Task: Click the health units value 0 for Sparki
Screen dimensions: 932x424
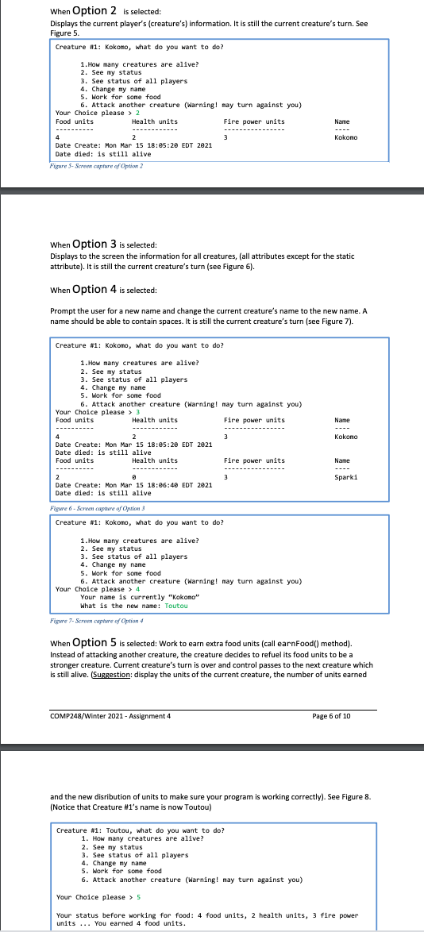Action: tap(133, 477)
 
